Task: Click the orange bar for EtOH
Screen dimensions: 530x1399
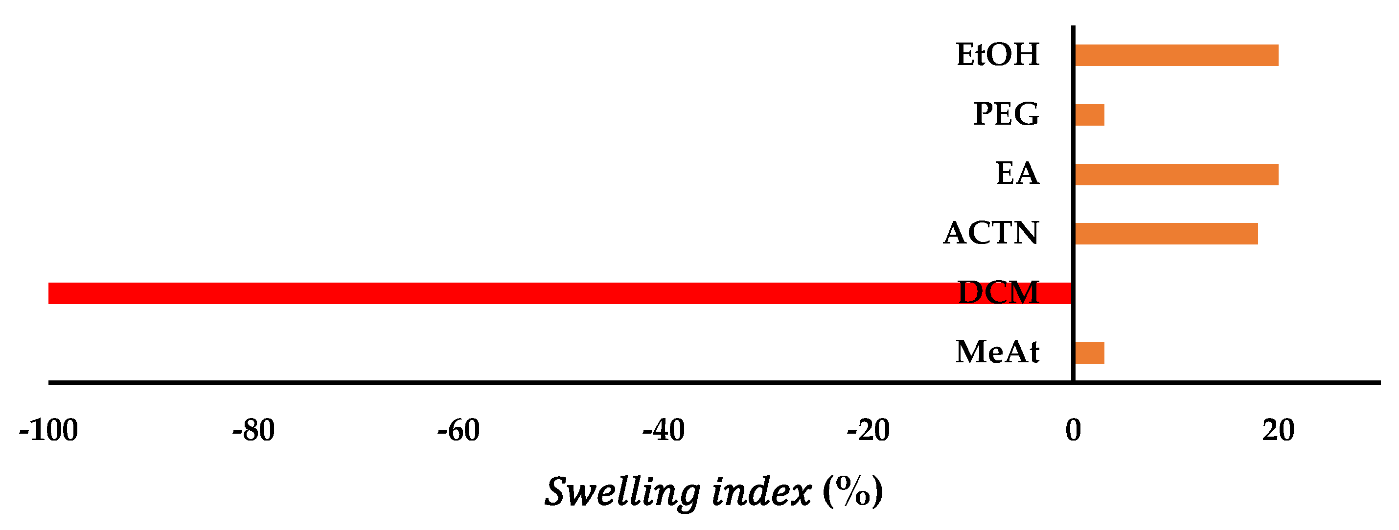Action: [x=1176, y=55]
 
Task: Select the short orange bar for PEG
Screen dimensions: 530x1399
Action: [x=1089, y=115]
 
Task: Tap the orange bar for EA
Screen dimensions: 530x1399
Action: [x=1176, y=175]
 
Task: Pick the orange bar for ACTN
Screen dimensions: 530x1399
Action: [x=1166, y=234]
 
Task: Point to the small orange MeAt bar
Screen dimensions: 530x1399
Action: [x=1089, y=353]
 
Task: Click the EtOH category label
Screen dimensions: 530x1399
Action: [x=998, y=55]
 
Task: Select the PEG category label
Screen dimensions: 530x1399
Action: [x=1007, y=114]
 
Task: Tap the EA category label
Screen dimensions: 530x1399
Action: [x=1017, y=174]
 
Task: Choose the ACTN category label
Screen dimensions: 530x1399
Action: [x=991, y=233]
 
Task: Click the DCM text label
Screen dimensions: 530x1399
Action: [x=998, y=293]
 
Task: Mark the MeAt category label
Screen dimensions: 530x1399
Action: [x=998, y=353]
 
